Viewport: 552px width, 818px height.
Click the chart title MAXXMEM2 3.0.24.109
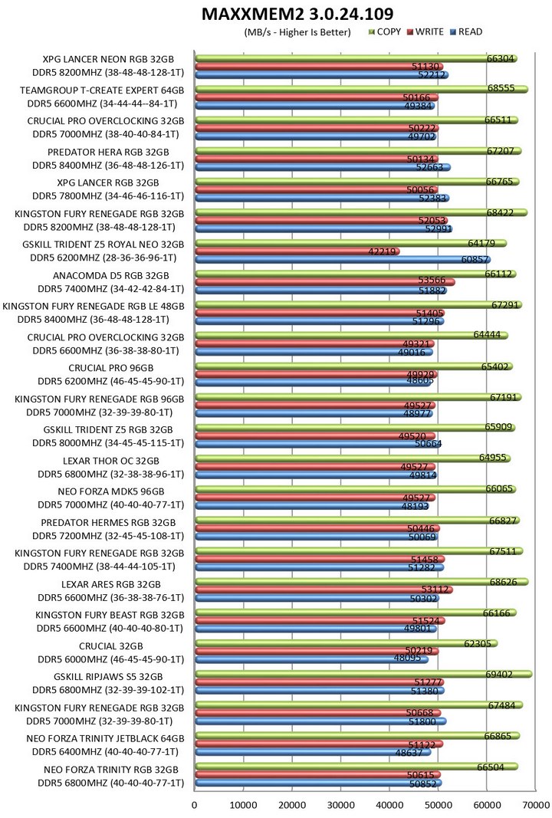[x=297, y=13]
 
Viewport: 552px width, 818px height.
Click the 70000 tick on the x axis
[x=536, y=804]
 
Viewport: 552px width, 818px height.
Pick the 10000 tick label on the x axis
[x=243, y=804]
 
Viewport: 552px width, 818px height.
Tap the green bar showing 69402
[x=360, y=674]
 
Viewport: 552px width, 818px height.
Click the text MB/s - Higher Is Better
[x=297, y=32]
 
